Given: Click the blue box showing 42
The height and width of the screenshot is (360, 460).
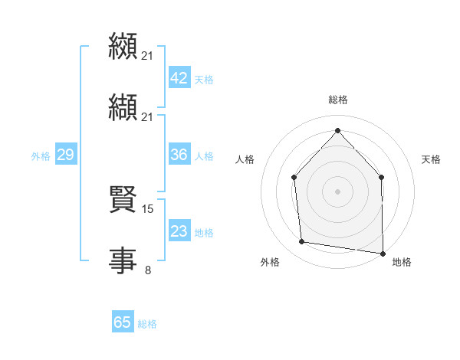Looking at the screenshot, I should click(x=179, y=78).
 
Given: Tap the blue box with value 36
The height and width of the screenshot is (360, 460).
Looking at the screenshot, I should click(x=179, y=155).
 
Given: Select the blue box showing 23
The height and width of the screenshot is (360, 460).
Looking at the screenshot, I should click(x=179, y=231).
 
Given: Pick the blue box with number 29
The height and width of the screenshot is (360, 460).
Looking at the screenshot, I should click(x=65, y=155).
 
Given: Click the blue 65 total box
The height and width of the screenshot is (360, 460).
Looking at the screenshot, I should click(x=123, y=322).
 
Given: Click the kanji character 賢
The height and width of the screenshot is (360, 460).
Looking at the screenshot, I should click(x=123, y=200).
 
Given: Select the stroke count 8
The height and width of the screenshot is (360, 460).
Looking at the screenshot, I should click(x=148, y=270).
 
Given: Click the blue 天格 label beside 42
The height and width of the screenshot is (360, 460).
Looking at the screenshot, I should click(x=204, y=80).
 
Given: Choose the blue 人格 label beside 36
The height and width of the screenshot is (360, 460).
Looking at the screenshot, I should click(x=204, y=156).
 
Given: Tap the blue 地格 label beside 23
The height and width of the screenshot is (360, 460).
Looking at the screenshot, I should click(x=204, y=233).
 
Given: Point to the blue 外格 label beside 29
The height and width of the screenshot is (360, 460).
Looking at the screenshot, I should click(x=41, y=156).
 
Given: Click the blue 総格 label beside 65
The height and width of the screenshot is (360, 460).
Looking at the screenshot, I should click(x=147, y=324).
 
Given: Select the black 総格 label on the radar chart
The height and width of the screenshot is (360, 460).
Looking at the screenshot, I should click(x=338, y=100).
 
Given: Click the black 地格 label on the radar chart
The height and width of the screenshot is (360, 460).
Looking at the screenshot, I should click(x=402, y=262).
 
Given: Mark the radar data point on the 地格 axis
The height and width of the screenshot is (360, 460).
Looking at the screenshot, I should click(x=383, y=252).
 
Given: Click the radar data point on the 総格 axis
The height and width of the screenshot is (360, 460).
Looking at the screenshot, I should click(x=337, y=130).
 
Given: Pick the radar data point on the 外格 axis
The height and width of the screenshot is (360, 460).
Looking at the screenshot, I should click(x=302, y=242).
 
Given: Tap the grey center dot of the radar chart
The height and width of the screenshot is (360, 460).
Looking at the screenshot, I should click(x=337, y=191).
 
